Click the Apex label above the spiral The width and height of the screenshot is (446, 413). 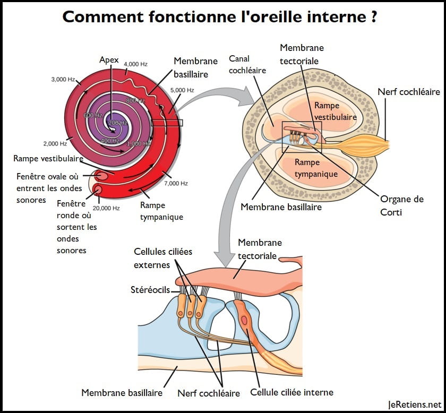pos(109,59)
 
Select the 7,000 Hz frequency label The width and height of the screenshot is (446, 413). pos(176,183)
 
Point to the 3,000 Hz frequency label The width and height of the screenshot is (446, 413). pos(63,80)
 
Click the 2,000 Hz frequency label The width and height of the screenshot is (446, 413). pos(55,143)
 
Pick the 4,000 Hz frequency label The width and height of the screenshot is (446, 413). pos(135,64)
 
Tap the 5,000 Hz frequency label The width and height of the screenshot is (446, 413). pos(182,90)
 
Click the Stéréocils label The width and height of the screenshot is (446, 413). pos(150,290)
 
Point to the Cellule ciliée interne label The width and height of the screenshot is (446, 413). pos(291,392)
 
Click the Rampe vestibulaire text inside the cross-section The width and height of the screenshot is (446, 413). pos(334,111)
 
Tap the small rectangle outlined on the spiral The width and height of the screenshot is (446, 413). pos(167,123)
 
